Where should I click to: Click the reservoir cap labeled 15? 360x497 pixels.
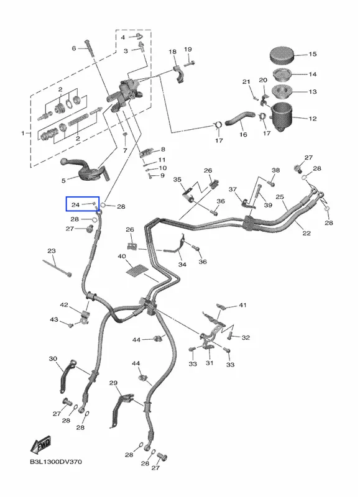[x=282, y=55]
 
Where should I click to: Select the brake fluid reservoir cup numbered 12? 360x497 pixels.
[x=281, y=117]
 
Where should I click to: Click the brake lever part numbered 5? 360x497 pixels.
[x=85, y=170]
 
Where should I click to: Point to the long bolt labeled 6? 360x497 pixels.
[x=90, y=48]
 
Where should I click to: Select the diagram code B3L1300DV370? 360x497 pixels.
[x=56, y=462]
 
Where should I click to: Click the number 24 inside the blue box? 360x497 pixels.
[x=75, y=205]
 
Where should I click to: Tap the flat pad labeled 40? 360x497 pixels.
[x=137, y=270]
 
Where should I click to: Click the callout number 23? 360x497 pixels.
[x=52, y=251]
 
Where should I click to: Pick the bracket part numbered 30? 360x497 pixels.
[x=67, y=376]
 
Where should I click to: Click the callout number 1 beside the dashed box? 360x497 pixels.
[x=23, y=134]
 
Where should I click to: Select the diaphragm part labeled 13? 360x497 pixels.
[x=282, y=91]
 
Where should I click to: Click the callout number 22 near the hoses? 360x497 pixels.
[x=307, y=234]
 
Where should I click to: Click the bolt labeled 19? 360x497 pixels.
[x=189, y=63]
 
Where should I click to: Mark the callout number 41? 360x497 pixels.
[x=242, y=305]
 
